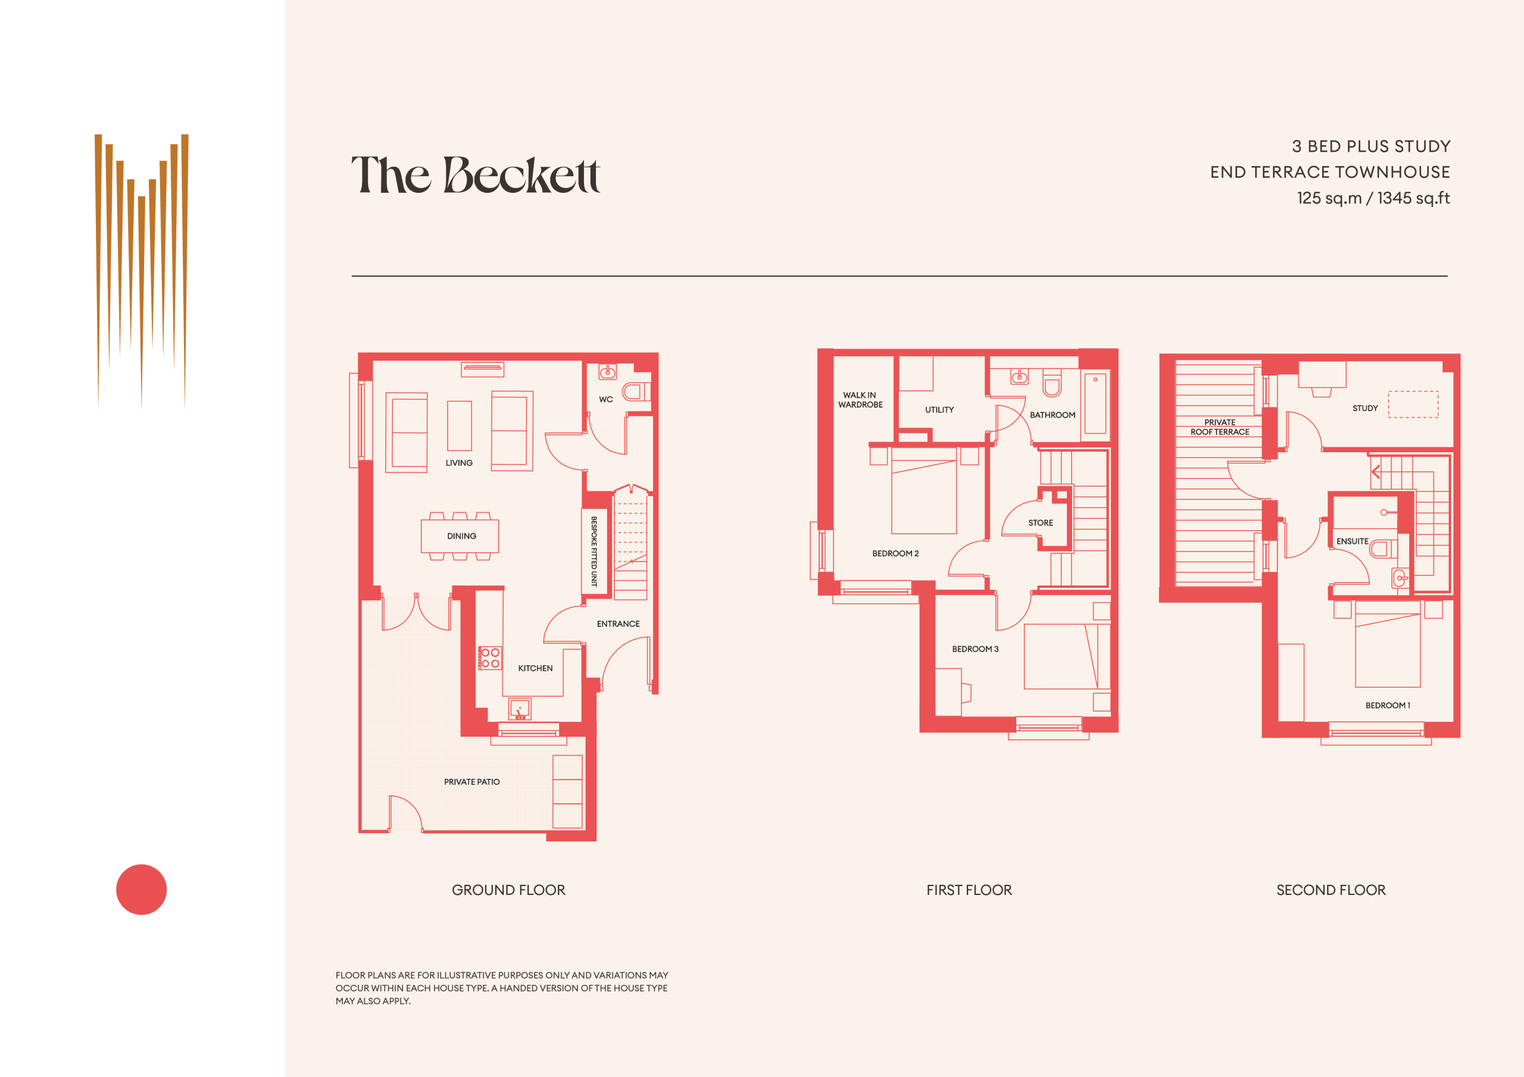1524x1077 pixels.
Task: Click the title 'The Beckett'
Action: (475, 174)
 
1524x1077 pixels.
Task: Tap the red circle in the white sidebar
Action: (141, 889)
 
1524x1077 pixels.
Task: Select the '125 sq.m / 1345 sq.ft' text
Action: (1373, 198)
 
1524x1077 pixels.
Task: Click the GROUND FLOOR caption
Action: (508, 890)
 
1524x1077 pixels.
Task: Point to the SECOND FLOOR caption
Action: (1331, 890)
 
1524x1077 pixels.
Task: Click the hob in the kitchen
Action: (490, 658)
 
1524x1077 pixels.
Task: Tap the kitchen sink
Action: (520, 709)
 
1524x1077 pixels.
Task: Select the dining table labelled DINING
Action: (460, 536)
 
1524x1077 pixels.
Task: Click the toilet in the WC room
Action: (636, 392)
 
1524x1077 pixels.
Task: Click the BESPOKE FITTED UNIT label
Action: (594, 551)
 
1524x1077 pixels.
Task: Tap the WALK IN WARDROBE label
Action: (860, 399)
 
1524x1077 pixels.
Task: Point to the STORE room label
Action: (1041, 523)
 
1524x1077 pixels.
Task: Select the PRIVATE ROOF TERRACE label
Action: (1220, 427)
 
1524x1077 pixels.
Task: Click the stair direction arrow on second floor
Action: (1375, 472)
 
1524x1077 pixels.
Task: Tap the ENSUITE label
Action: (1352, 541)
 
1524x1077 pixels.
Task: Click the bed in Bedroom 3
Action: (1067, 656)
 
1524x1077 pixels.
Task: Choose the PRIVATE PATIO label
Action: (472, 782)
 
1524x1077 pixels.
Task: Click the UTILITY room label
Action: (939, 409)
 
